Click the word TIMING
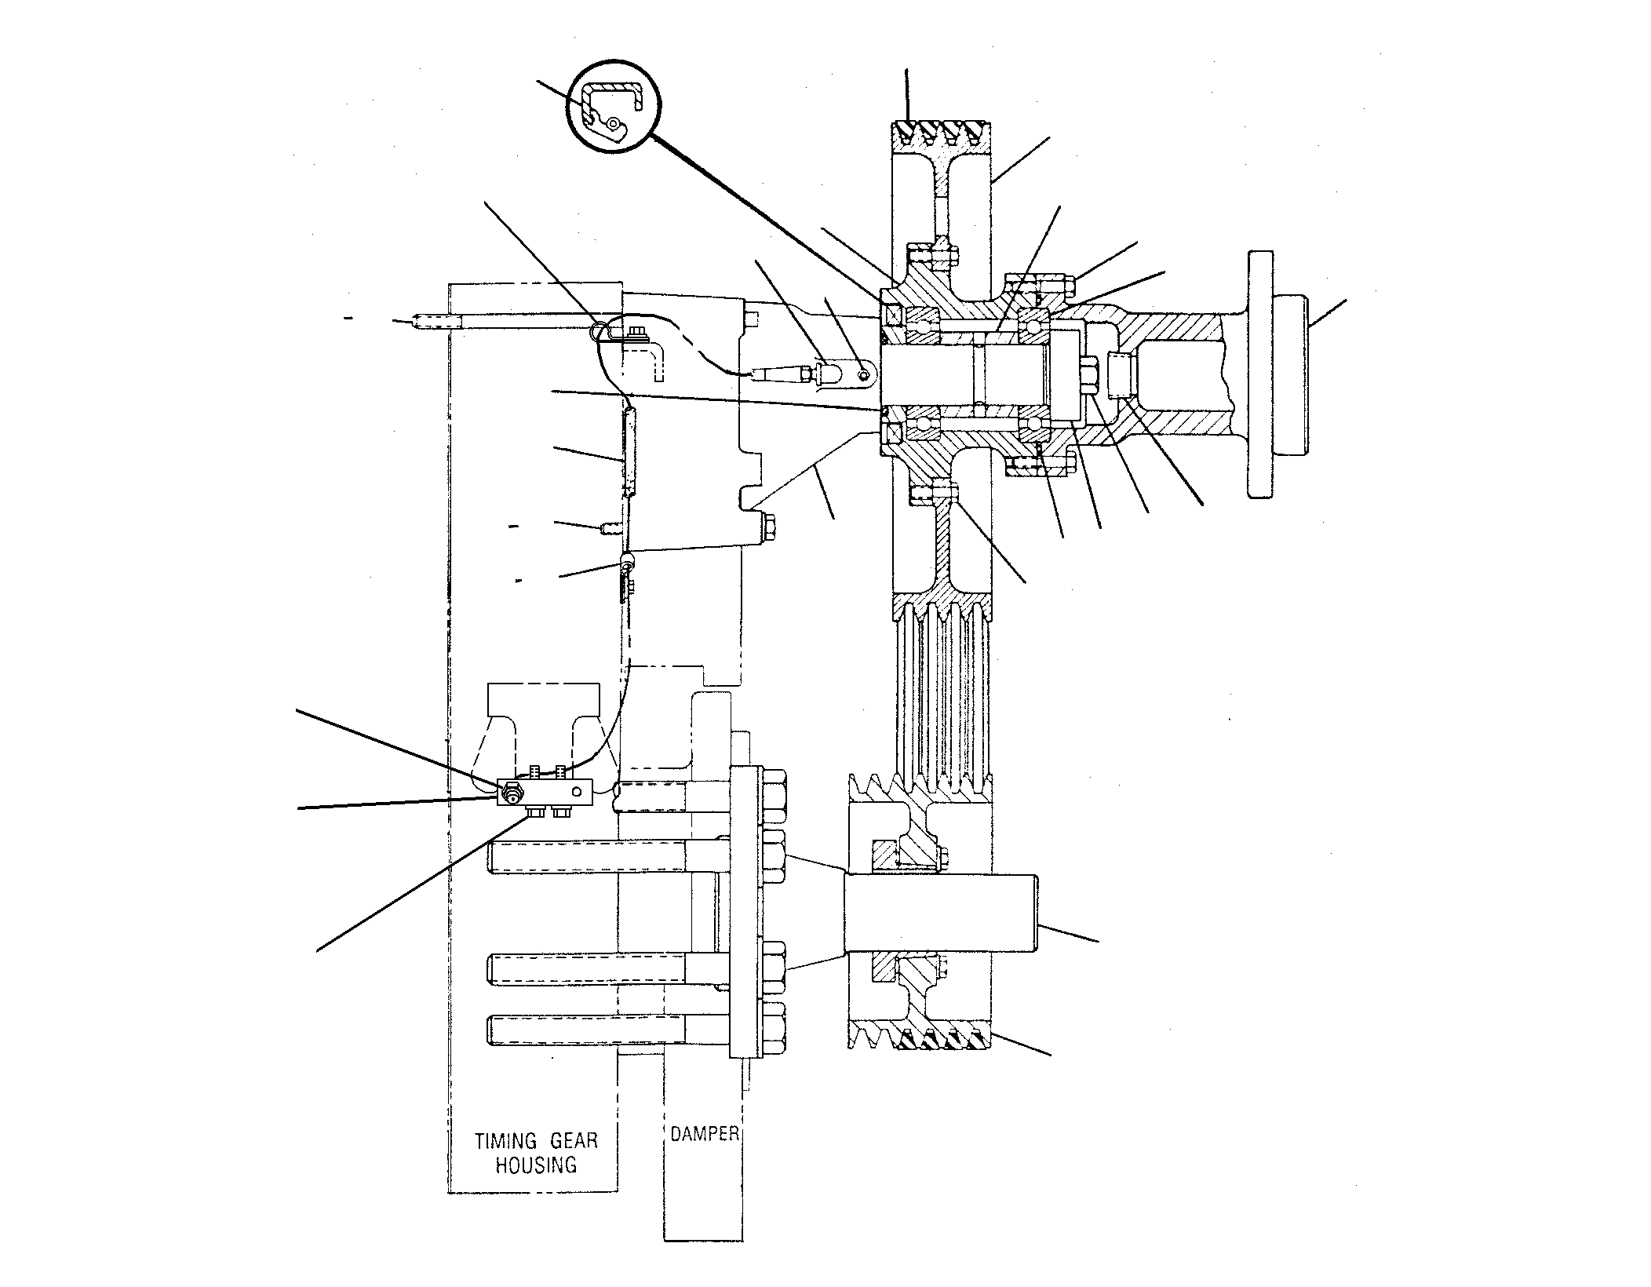[506, 1140]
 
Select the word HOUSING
[536, 1165]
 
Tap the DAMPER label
[704, 1133]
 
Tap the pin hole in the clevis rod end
[862, 374]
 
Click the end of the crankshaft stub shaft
[1036, 913]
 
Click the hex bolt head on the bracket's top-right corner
[752, 318]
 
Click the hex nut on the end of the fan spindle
[1090, 374]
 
